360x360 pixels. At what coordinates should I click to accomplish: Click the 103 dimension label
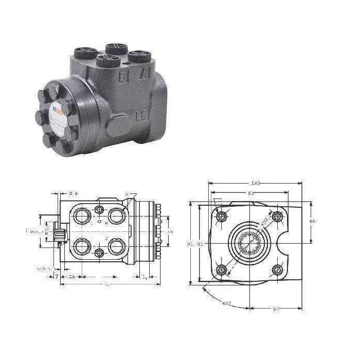256,183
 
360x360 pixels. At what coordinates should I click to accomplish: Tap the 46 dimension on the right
312,221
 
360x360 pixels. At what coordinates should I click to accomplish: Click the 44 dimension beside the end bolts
170,232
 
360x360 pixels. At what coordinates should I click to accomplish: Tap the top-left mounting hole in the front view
222,216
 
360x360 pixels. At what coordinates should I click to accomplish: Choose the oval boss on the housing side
119,125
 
